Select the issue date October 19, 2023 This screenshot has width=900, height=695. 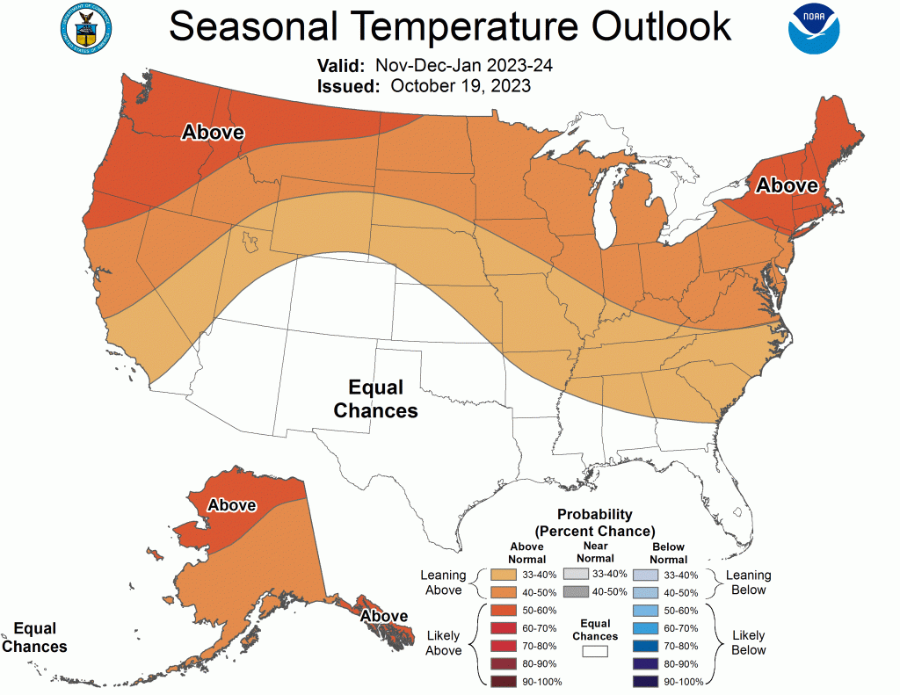460,86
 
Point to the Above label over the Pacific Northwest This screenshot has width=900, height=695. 213,133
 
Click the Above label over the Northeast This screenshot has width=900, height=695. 787,186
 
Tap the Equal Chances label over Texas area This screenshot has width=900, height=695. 375,399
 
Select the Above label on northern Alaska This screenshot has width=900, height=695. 231,505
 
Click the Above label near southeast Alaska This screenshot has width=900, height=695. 384,616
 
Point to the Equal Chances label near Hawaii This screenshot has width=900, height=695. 35,637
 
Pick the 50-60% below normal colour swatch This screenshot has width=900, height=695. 646,611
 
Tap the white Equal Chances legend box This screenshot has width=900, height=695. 595,652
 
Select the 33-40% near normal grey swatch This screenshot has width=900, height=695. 576,574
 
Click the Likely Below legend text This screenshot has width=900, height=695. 748,642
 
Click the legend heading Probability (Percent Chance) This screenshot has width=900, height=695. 595,523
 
